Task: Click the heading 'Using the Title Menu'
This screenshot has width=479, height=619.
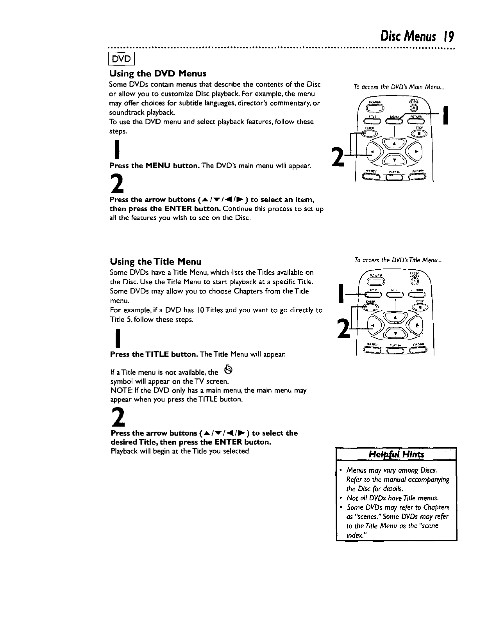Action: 155,261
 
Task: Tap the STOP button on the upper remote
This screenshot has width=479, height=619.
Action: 418,133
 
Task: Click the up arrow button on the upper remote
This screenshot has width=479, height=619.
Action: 394,144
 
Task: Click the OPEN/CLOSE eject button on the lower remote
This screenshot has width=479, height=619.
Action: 415,282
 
